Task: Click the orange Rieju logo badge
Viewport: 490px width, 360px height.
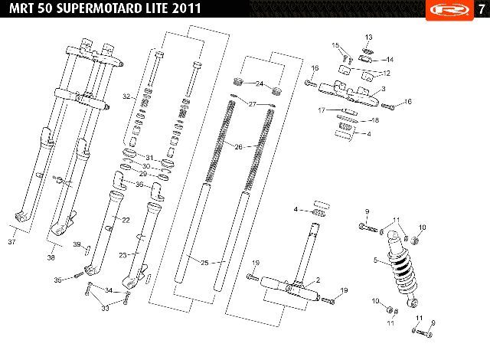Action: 449,10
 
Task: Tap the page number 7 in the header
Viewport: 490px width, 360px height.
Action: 482,9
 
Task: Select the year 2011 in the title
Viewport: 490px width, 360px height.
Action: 186,8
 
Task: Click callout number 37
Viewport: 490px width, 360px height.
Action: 12,241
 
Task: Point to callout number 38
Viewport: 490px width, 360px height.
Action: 51,257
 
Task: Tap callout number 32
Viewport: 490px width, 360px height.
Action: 126,97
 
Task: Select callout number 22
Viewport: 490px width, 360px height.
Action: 126,221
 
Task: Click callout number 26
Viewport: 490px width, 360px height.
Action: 238,146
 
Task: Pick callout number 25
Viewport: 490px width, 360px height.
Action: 204,263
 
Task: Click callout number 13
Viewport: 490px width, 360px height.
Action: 369,38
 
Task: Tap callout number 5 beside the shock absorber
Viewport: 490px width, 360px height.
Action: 376,260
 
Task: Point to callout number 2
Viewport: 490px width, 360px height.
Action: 318,280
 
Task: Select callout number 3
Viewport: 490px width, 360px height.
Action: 384,89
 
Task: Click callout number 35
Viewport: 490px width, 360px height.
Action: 58,280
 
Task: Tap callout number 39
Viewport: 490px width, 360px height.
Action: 77,244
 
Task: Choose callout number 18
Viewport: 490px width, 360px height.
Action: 375,120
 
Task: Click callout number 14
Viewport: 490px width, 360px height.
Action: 390,60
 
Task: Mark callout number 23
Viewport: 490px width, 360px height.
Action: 122,255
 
